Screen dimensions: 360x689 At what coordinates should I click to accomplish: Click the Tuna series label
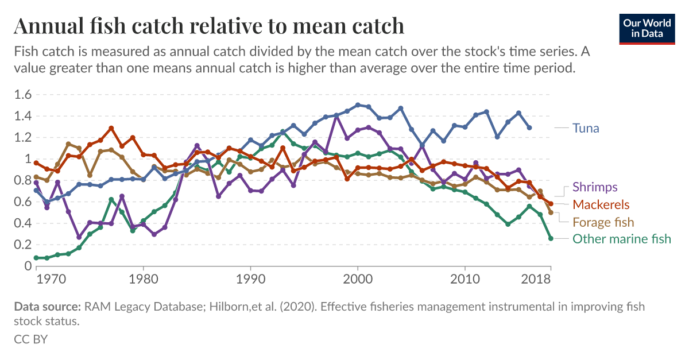[x=586, y=128]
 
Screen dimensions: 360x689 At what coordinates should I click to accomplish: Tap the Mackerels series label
[x=601, y=204]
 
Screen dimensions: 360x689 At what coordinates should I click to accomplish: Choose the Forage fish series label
[x=603, y=222]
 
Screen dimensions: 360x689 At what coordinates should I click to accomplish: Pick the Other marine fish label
[x=621, y=239]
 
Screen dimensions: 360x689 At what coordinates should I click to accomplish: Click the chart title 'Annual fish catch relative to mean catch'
[x=209, y=26]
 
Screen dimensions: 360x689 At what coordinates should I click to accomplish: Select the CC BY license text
[x=30, y=339]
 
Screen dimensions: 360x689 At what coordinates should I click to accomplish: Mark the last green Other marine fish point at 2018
[x=551, y=238]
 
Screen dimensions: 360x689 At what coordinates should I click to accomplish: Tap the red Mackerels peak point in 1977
[x=111, y=128]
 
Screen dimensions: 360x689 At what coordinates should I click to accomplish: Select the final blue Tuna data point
[x=529, y=127]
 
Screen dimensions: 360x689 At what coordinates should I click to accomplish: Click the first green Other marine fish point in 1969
[x=36, y=258]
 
